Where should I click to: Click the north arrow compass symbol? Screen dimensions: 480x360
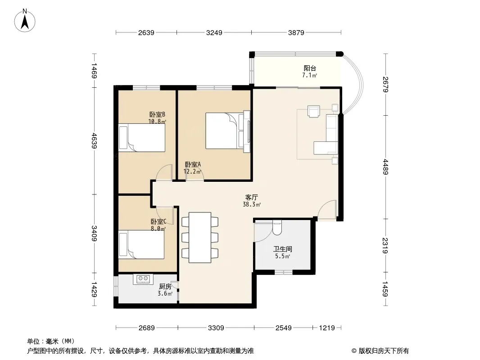pyautogui.click(x=25, y=21)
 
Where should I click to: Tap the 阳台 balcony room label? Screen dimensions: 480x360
pyautogui.click(x=309, y=68)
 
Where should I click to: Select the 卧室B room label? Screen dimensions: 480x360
pyautogui.click(x=157, y=114)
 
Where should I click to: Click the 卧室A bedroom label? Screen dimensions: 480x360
pyautogui.click(x=193, y=164)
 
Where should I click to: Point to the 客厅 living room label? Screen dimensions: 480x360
pyautogui.click(x=251, y=197)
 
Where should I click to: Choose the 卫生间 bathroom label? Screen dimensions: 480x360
pyautogui.click(x=282, y=249)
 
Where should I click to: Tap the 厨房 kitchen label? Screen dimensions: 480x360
pyautogui.click(x=165, y=287)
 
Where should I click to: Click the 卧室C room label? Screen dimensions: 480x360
pyautogui.click(x=158, y=221)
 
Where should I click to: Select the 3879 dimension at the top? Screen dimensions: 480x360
pyautogui.click(x=296, y=32)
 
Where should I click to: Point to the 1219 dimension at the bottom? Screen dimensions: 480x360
pyautogui.click(x=327, y=328)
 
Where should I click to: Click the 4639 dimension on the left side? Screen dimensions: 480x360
pyautogui.click(x=94, y=141)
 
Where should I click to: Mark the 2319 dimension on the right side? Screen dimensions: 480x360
pyautogui.click(x=385, y=246)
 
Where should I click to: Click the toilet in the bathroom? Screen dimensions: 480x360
pyautogui.click(x=277, y=228)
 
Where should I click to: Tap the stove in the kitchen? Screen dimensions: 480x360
pyautogui.click(x=143, y=279)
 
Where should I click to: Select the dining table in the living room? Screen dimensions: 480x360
pyautogui.click(x=200, y=237)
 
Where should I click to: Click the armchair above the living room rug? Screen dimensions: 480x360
pyautogui.click(x=314, y=111)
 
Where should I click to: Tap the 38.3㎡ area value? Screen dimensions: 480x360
pyautogui.click(x=252, y=205)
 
